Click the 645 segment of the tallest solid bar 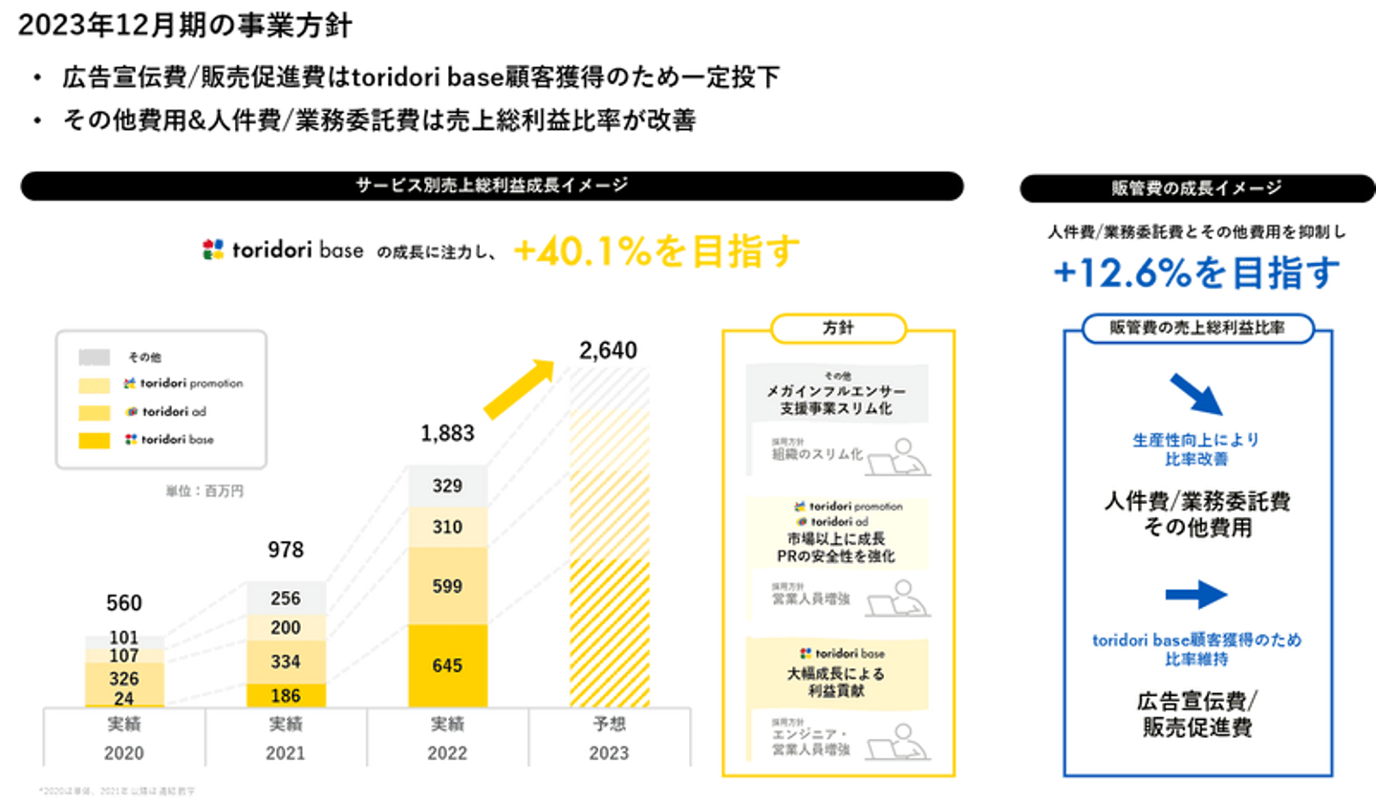pos(447,665)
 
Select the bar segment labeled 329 pos(447,485)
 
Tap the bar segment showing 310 pos(447,527)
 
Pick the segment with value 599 pos(447,586)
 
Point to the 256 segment pos(286,598)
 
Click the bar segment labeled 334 pos(286,662)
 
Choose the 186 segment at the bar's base pos(286,696)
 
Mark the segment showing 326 pos(124,679)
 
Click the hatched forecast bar pos(610,535)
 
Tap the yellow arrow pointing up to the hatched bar pos(517,389)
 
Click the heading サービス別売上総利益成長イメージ pos(492,185)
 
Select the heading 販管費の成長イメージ pos(1195,188)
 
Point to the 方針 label pos(838,328)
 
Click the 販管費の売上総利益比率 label pos(1196,328)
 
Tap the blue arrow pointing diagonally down pos(1195,393)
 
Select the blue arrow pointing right pos(1195,595)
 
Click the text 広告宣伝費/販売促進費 pos(1196,714)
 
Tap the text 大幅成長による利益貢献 pos(836,682)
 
